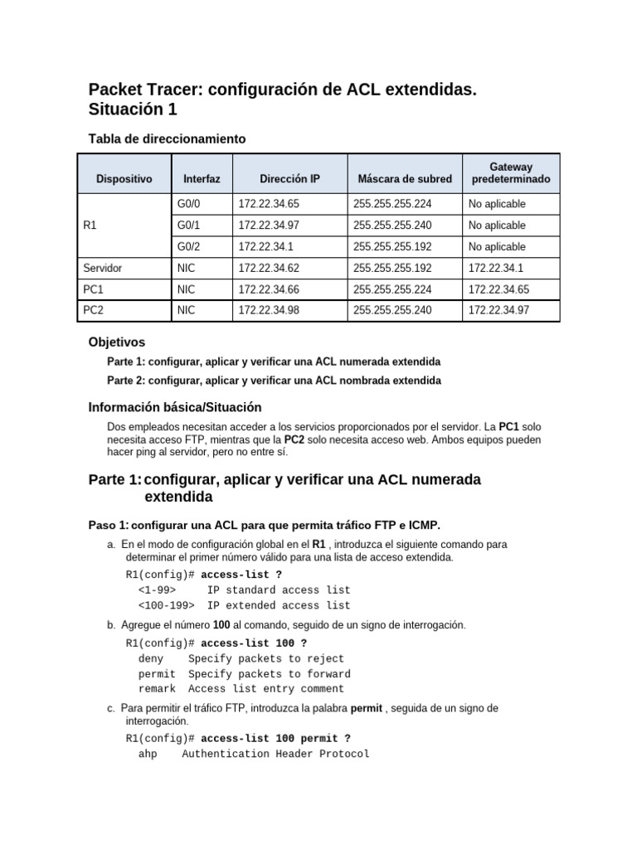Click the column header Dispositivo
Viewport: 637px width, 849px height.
tap(124, 178)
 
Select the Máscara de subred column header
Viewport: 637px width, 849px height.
tap(405, 178)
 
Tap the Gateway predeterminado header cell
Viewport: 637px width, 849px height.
tap(510, 172)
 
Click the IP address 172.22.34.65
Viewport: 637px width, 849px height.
tap(268, 204)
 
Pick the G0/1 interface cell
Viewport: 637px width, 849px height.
tap(189, 226)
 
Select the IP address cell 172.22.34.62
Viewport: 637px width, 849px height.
tap(268, 269)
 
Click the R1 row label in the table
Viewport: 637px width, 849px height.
tap(91, 226)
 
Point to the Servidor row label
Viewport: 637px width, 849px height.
tap(104, 269)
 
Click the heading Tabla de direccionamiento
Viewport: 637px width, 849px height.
tap(167, 138)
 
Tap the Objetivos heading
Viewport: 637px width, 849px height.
tap(116, 342)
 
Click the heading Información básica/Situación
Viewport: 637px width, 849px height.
tap(174, 407)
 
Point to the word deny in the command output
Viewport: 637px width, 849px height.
tap(151, 659)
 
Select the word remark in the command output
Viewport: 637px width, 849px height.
tap(157, 689)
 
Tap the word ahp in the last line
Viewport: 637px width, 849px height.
tap(148, 754)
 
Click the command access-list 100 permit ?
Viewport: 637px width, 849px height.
tap(275, 738)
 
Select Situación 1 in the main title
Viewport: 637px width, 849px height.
tap(133, 109)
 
